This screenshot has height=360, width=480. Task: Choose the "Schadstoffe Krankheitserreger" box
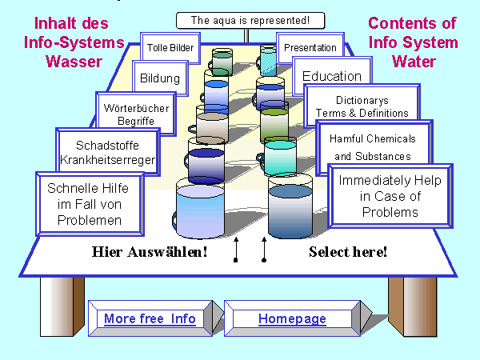(x=106, y=153)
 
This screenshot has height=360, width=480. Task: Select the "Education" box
(x=331, y=77)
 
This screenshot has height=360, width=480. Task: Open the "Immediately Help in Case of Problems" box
(x=390, y=196)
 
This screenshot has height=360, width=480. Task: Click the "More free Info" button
(x=150, y=319)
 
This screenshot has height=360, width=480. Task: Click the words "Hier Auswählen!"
(x=150, y=252)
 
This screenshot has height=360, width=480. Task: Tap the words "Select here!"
(x=348, y=252)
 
